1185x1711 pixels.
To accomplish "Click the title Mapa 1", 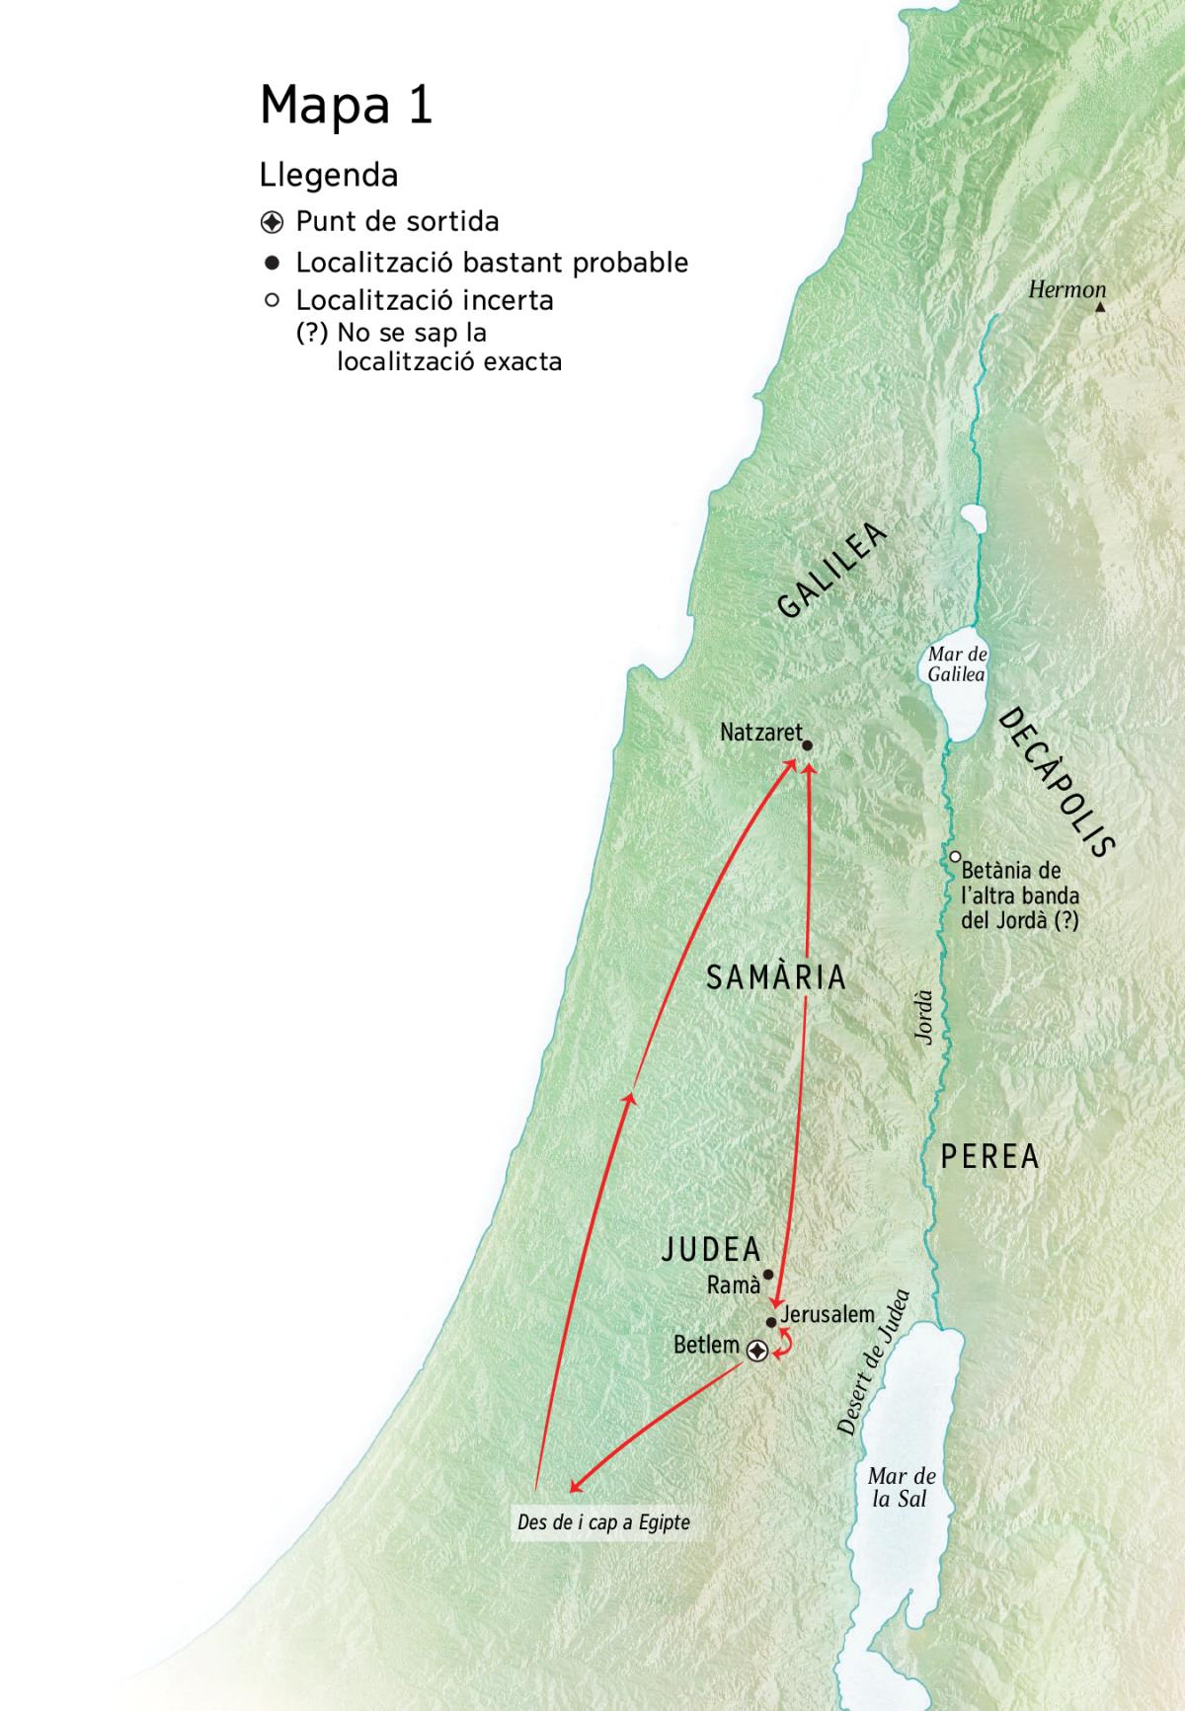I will pyautogui.click(x=346, y=105).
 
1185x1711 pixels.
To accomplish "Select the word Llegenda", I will pyautogui.click(x=328, y=176).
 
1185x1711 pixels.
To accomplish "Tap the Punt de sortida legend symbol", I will pyautogui.click(x=273, y=222).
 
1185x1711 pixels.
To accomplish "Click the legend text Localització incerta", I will pyautogui.click(x=425, y=300).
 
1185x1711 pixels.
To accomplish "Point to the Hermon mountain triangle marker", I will pyautogui.click(x=1100, y=307).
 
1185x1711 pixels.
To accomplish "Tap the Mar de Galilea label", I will pyautogui.click(x=956, y=664).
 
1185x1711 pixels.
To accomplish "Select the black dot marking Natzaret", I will pyautogui.click(x=807, y=746).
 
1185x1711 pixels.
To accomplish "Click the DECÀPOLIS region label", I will pyautogui.click(x=1057, y=782).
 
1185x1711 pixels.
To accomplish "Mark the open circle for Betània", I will pyautogui.click(x=955, y=857).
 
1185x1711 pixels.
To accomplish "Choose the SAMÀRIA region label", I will pyautogui.click(x=776, y=977).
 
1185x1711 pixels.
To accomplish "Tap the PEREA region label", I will pyautogui.click(x=989, y=1156).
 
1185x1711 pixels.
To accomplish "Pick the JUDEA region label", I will pyautogui.click(x=711, y=1249).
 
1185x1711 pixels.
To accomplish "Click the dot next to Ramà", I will pyautogui.click(x=768, y=1275).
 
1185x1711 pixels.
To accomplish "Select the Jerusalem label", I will pyautogui.click(x=828, y=1314).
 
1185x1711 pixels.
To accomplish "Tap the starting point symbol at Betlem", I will pyautogui.click(x=757, y=1351).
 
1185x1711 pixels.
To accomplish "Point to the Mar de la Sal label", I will pyautogui.click(x=901, y=1487).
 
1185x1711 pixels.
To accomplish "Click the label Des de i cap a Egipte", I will pyautogui.click(x=603, y=1522).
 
